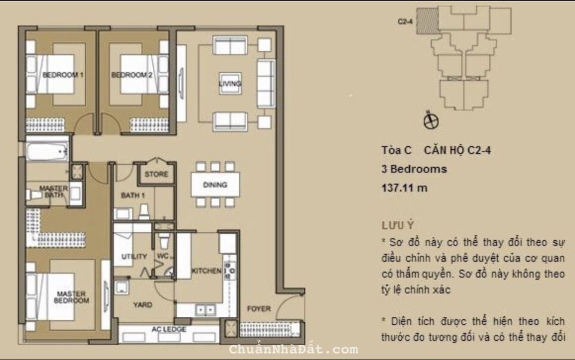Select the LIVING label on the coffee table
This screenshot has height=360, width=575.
230,84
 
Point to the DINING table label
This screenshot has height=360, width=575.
214,185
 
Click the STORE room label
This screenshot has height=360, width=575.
156,175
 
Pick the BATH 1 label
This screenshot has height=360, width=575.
132,196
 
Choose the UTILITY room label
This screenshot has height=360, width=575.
134,257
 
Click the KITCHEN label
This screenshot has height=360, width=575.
206,271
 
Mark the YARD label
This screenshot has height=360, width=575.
143,305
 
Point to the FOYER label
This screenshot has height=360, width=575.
259,309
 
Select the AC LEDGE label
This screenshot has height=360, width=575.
169,330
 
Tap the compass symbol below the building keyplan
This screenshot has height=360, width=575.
430,121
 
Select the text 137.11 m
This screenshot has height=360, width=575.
404,187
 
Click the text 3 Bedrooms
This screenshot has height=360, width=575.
414,169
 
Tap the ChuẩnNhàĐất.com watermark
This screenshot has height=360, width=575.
293,349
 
